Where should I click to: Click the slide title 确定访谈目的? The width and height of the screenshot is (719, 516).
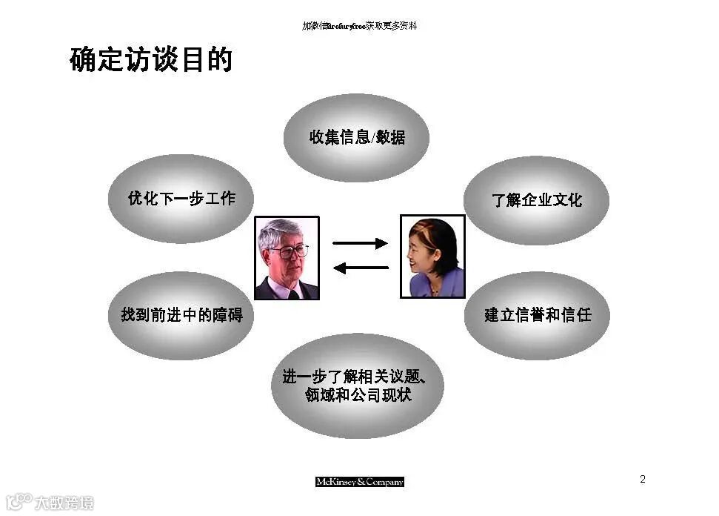coord(151,60)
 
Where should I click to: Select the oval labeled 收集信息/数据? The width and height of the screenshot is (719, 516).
coord(357,138)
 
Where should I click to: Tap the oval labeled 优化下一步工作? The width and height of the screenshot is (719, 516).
coord(181,199)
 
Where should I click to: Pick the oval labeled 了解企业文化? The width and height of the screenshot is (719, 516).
coord(537,200)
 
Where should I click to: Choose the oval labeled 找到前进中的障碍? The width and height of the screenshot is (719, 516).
coord(181,315)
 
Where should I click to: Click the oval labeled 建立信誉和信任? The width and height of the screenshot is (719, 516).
coord(538,315)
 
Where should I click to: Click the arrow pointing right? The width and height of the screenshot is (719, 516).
coord(361,243)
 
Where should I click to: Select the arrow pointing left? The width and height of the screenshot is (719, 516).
coord(361,268)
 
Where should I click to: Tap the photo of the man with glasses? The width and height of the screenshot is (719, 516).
coord(287,258)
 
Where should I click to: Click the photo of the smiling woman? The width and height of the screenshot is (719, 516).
coord(432,257)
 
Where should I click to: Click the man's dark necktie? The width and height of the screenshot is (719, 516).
coord(293,294)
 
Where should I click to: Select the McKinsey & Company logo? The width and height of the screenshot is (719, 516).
coord(360,483)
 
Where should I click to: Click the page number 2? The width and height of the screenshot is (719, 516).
coord(643,480)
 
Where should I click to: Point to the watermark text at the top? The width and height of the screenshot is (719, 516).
coord(360,26)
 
